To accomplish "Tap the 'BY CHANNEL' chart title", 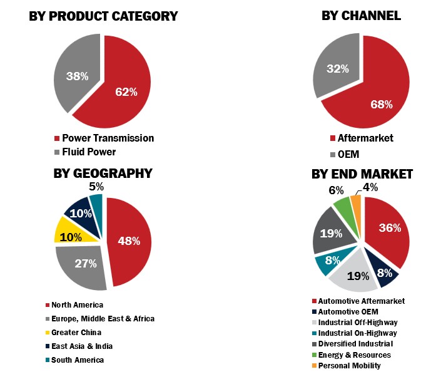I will tap(361, 16).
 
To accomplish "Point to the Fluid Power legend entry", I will tap(88, 152).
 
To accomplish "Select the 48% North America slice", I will tap(131, 241).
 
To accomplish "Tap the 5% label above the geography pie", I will tap(96, 186).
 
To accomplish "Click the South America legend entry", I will tap(78, 360).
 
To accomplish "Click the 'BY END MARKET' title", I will tap(362, 174).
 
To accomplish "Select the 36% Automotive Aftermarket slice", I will tap(388, 232).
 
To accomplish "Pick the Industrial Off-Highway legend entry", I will tap(357, 322).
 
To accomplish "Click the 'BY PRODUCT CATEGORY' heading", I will tap(103, 16).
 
